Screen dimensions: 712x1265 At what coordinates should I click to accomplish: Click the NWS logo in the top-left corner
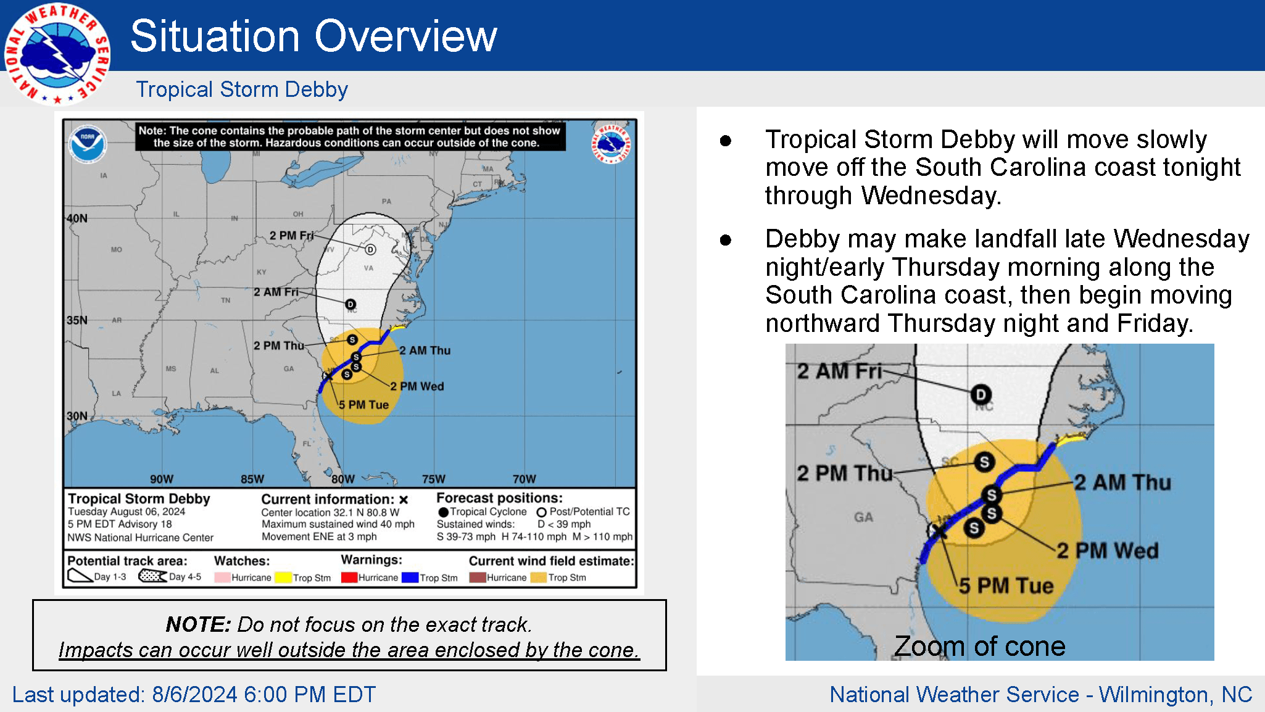pyautogui.click(x=57, y=54)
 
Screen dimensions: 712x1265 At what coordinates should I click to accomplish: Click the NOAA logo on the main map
pyautogui.click(x=88, y=144)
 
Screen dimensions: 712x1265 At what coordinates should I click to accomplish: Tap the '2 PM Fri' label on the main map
pyautogui.click(x=291, y=236)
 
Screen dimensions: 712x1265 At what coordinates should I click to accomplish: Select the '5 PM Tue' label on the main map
pyautogui.click(x=363, y=405)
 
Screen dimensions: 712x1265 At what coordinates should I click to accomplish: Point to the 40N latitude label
pyautogui.click(x=77, y=218)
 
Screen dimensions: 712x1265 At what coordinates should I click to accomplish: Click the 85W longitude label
pyautogui.click(x=252, y=479)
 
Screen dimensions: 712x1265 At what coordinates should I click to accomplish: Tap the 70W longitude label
pyautogui.click(x=524, y=479)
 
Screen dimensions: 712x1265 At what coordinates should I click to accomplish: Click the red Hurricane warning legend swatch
pyautogui.click(x=349, y=577)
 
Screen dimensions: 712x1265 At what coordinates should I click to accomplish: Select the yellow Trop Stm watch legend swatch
pyautogui.click(x=283, y=577)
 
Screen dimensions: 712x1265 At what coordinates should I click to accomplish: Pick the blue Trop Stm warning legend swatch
pyautogui.click(x=410, y=577)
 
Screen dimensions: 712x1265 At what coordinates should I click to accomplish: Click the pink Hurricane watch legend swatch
pyautogui.click(x=222, y=577)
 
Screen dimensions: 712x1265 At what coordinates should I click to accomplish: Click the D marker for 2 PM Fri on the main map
pyautogui.click(x=370, y=249)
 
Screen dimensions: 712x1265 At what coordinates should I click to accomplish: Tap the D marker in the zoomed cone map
pyautogui.click(x=981, y=394)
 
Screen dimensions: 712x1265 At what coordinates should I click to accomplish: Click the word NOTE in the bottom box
pyautogui.click(x=197, y=624)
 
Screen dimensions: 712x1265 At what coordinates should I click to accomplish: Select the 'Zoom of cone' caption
pyautogui.click(x=979, y=646)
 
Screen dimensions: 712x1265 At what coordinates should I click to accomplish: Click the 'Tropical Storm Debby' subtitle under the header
pyautogui.click(x=242, y=89)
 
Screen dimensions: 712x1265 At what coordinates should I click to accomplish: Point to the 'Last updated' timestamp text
pyautogui.click(x=194, y=695)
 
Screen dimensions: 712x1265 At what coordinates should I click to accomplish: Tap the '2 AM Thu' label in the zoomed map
pyautogui.click(x=1122, y=482)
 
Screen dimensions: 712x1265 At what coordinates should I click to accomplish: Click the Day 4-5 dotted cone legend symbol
pyautogui.click(x=152, y=576)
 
